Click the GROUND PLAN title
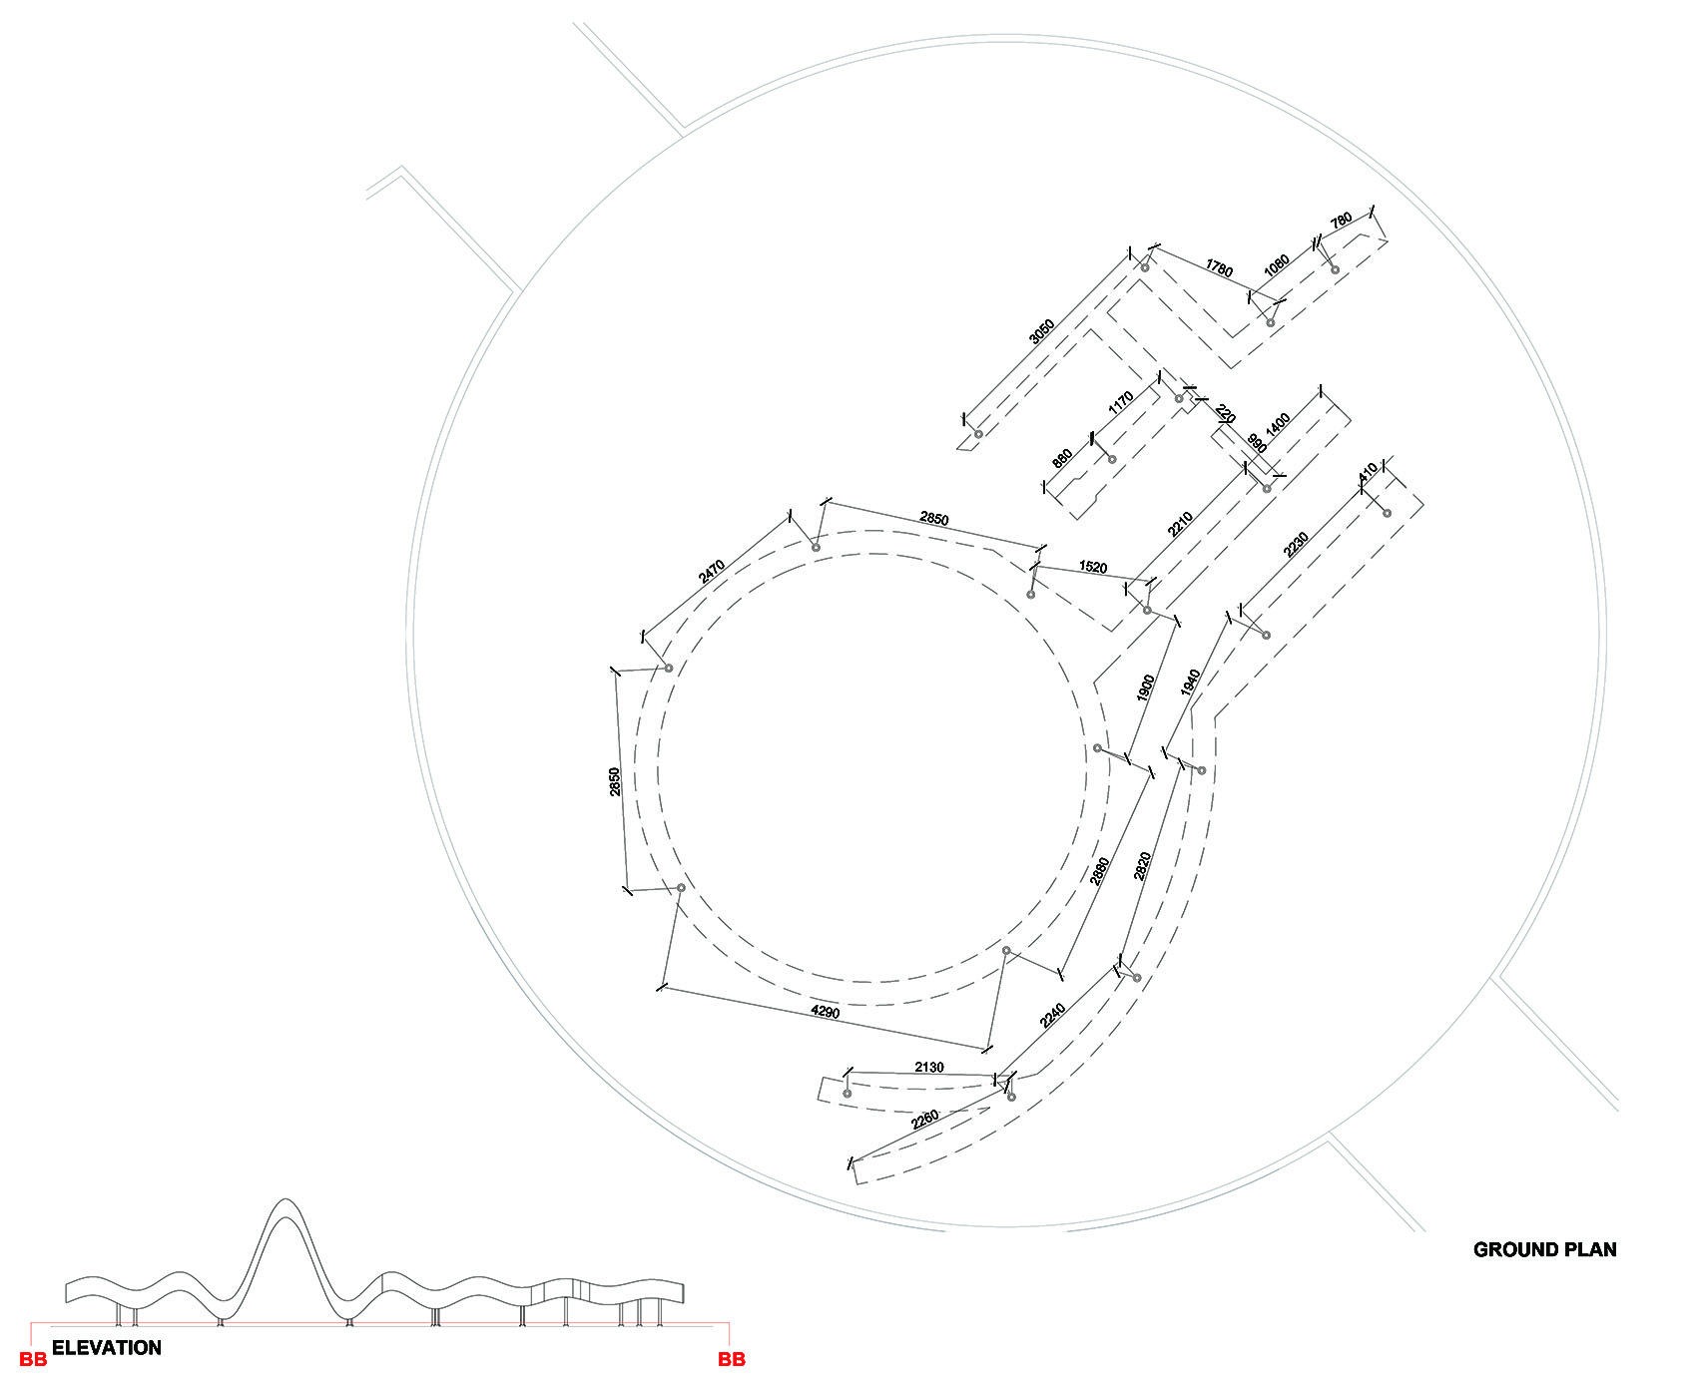tap(1544, 1249)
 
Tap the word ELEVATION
tap(106, 1348)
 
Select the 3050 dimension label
tap(1041, 331)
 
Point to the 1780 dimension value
tap(1219, 268)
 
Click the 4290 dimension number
tap(826, 1012)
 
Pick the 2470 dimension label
tap(712, 572)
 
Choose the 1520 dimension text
tap(1093, 567)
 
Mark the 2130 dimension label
tap(928, 1067)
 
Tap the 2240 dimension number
tap(1052, 1015)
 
